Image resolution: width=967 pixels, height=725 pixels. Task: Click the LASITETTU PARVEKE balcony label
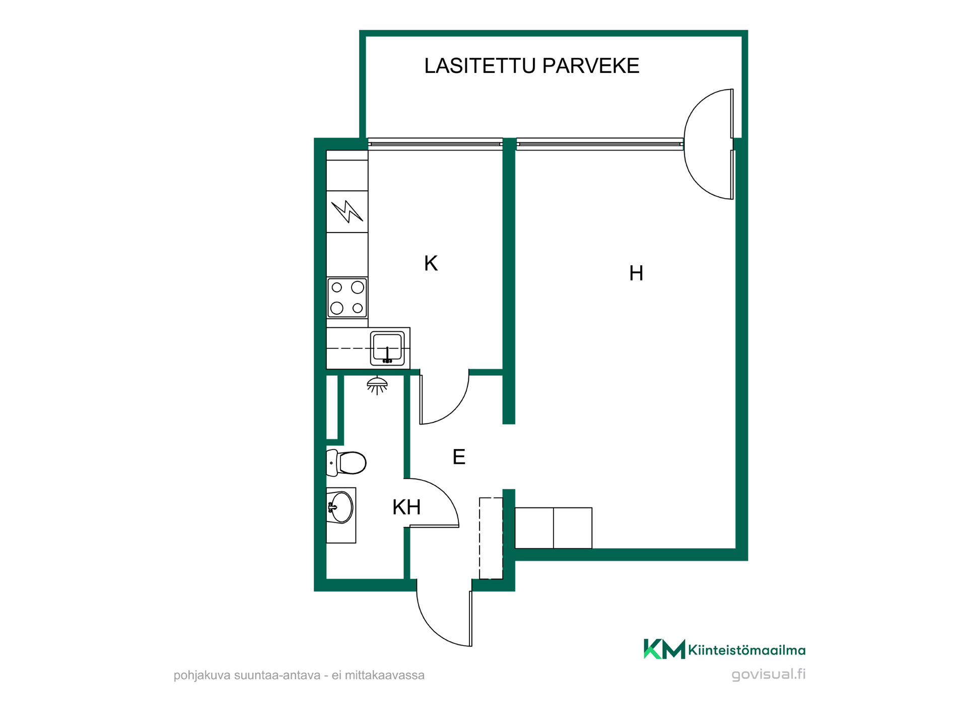coord(531,66)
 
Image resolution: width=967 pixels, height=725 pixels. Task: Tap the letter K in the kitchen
coord(431,263)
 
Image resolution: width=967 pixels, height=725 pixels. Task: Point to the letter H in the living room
coord(636,273)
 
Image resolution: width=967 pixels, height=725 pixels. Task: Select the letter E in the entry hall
coord(459,457)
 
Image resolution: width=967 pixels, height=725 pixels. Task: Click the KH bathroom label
coord(406,507)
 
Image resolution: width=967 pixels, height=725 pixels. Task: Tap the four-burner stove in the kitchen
coord(347,298)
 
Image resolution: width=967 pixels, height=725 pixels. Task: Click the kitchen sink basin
coord(387,348)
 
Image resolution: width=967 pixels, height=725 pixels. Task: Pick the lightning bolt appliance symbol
coord(347,211)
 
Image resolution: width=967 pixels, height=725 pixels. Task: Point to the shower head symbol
coord(377,385)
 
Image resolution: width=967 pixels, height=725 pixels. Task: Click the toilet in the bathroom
coord(347,463)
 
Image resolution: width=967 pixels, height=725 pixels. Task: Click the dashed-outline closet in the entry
coord(491,538)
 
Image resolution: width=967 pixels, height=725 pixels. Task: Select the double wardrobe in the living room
coord(553,528)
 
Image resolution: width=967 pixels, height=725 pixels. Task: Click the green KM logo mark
coord(664,649)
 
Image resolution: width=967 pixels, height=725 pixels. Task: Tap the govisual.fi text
coord(769,674)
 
